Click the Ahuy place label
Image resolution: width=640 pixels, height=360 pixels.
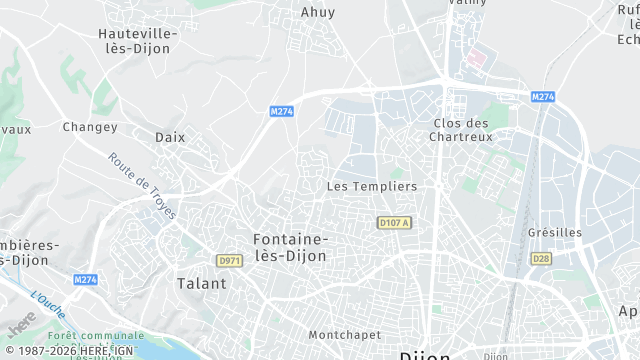[x=318, y=13]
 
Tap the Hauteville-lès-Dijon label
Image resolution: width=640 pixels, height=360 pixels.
[x=138, y=41]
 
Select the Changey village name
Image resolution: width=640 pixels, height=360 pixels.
[x=90, y=127]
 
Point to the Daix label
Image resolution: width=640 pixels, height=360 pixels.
[x=170, y=137]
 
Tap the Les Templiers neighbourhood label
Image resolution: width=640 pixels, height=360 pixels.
[x=372, y=187]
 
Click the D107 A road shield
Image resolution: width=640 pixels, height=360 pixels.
[x=395, y=222]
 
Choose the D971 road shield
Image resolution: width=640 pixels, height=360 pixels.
[x=229, y=261]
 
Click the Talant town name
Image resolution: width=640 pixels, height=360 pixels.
[x=201, y=283]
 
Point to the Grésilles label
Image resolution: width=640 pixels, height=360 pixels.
[x=554, y=232]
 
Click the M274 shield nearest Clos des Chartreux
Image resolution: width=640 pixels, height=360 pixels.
[x=543, y=96]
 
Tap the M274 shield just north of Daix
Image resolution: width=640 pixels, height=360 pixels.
[x=281, y=112]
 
